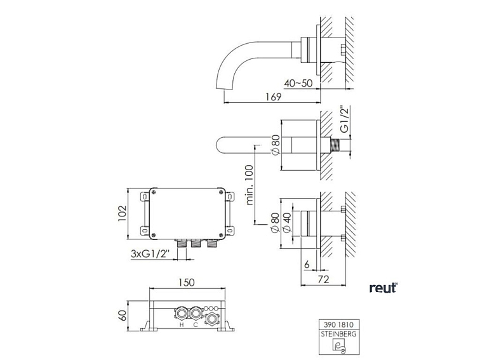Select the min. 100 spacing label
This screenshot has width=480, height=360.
coord(248,184)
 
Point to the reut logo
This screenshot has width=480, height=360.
coord(383,288)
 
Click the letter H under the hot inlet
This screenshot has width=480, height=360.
coord(182,325)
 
